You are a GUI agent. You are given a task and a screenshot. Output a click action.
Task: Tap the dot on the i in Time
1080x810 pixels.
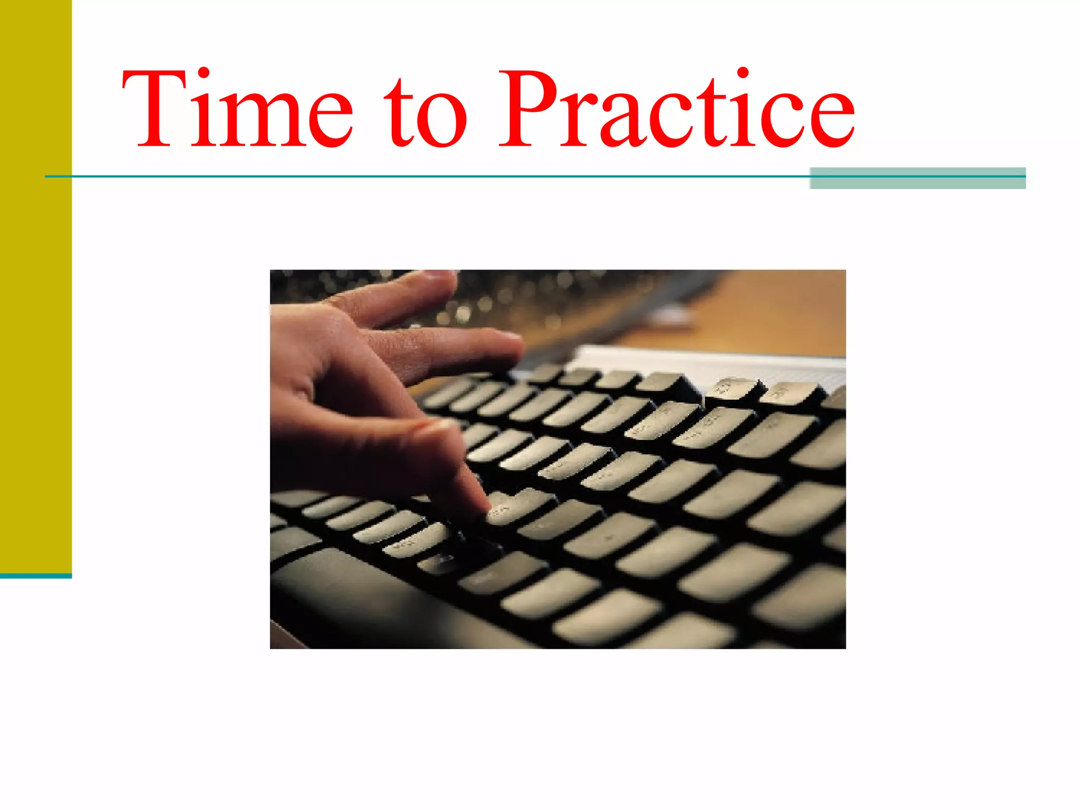(x=201, y=73)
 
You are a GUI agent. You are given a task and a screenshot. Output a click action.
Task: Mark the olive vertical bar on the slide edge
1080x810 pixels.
(x=35, y=285)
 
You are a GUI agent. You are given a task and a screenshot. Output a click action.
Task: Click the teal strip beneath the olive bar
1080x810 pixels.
(x=35, y=576)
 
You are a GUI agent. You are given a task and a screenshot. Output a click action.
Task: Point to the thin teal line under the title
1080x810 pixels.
(x=422, y=176)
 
